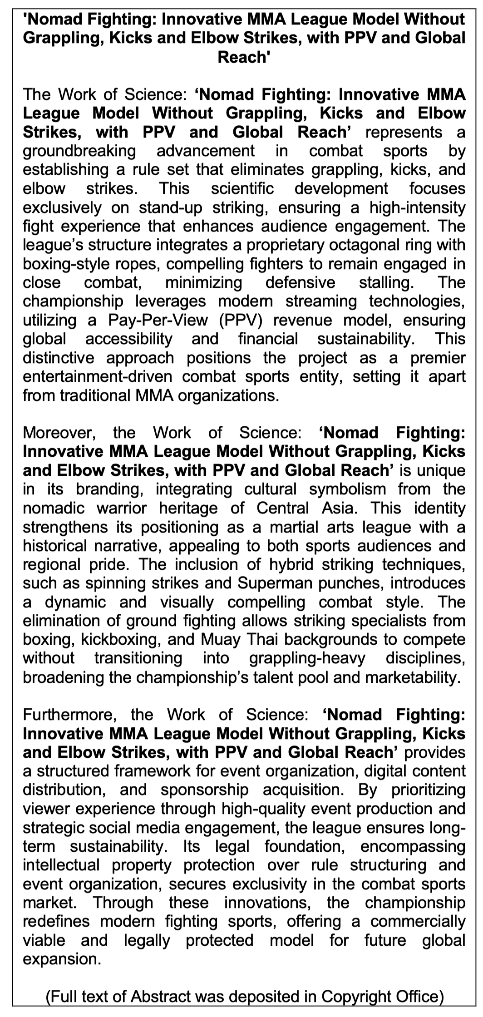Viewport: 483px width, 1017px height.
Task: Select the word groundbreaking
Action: pyautogui.click(x=79, y=151)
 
